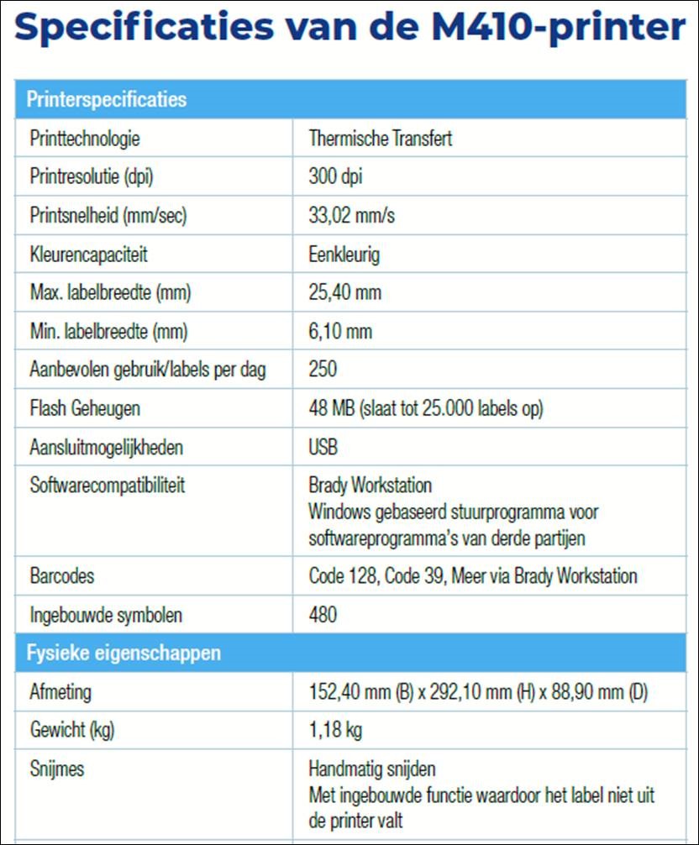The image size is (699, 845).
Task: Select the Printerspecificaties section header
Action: (107, 100)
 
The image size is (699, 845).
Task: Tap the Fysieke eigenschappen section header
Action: (124, 653)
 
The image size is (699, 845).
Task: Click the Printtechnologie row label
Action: (85, 139)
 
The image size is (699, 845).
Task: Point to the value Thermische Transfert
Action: (380, 139)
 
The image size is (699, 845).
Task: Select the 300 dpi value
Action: (336, 177)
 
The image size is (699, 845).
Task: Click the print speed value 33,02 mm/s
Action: (351, 216)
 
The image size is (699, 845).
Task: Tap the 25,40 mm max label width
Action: (345, 293)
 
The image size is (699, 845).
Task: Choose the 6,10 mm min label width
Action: (340, 332)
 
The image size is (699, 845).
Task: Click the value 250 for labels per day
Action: (323, 370)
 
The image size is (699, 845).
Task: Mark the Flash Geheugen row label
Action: (85, 409)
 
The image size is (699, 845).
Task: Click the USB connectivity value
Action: (323, 448)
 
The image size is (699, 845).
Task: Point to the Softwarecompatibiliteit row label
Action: (108, 485)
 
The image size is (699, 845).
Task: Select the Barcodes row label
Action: (62, 576)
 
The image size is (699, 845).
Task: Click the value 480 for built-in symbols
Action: (323, 615)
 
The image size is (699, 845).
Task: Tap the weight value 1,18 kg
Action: (335, 730)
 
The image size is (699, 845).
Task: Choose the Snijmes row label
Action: (56, 769)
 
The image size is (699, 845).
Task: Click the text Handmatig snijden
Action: (372, 769)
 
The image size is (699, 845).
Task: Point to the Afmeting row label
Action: (60, 692)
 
